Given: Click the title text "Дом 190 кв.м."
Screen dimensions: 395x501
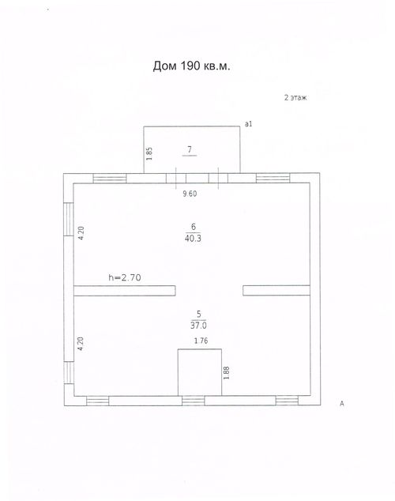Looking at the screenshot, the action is pyautogui.click(x=191, y=66).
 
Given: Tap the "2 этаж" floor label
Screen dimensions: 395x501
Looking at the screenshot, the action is pyautogui.click(x=295, y=98).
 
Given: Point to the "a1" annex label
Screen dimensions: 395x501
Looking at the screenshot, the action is pyautogui.click(x=248, y=123).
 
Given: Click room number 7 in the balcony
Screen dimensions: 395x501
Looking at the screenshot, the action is pyautogui.click(x=190, y=149).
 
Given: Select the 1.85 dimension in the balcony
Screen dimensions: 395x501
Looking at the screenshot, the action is pyautogui.click(x=149, y=153).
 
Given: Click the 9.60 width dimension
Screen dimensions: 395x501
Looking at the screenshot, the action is pyautogui.click(x=190, y=194).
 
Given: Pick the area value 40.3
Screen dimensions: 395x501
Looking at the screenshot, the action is pyautogui.click(x=193, y=238).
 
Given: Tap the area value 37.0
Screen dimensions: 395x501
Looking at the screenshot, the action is pyautogui.click(x=198, y=326).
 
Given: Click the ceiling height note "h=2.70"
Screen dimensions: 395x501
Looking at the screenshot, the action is pyautogui.click(x=125, y=277).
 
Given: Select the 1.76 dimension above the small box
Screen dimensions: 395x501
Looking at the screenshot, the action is pyautogui.click(x=201, y=341).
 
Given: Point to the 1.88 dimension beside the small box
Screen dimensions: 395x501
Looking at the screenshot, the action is pyautogui.click(x=227, y=373).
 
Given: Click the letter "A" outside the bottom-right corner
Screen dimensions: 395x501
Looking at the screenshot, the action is pyautogui.click(x=341, y=404).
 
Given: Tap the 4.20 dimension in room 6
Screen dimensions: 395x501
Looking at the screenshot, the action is pyautogui.click(x=81, y=233).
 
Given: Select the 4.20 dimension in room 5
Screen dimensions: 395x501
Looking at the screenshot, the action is pyautogui.click(x=81, y=344).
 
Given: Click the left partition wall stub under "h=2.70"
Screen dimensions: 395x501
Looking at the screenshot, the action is pyautogui.click(x=125, y=291).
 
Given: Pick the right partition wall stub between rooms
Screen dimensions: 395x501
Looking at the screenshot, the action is pyautogui.click(x=276, y=291).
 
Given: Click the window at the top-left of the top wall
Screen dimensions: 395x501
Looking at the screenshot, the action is pyautogui.click(x=110, y=179).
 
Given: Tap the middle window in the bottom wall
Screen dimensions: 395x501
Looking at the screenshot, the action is pyautogui.click(x=194, y=401).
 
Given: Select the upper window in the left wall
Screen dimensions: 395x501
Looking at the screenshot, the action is pyautogui.click(x=69, y=219).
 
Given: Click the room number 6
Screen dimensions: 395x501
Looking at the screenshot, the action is pyautogui.click(x=194, y=227).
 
